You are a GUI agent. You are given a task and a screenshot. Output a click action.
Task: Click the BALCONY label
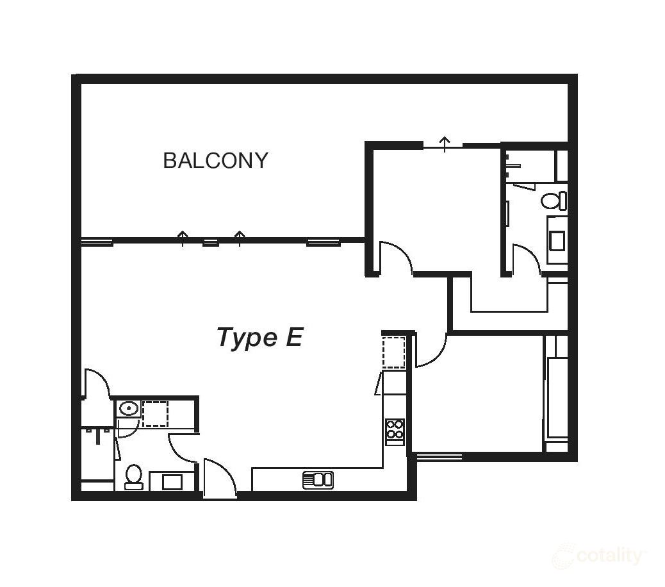tap(215, 160)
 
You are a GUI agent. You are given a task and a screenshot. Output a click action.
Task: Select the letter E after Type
tap(293, 337)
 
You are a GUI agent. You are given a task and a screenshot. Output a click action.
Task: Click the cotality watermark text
tap(609, 556)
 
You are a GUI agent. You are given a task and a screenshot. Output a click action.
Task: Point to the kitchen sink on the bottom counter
tap(318, 479)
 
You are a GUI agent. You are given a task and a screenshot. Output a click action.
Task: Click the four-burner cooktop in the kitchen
tap(395, 431)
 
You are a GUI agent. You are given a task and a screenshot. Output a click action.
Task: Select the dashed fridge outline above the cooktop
tap(394, 352)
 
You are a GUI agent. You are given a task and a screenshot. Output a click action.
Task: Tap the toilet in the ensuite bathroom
tap(554, 201)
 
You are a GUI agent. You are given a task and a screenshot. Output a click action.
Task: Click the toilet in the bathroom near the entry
tap(133, 476)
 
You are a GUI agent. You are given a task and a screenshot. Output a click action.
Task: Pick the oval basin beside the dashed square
tap(129, 408)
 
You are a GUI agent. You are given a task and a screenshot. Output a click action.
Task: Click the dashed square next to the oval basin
tap(155, 413)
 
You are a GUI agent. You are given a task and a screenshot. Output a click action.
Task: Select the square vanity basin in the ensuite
tap(557, 241)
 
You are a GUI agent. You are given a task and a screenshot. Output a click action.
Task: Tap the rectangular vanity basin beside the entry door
tap(172, 481)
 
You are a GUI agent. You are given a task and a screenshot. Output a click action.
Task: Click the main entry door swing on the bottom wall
tap(220, 479)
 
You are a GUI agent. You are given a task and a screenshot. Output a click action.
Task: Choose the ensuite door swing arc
tap(527, 260)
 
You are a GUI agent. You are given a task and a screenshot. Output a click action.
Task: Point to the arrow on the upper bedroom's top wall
tap(444, 142)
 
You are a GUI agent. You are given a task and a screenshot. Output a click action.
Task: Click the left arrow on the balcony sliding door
tap(183, 238)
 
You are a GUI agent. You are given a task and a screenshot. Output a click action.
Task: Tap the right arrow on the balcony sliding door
tap(240, 238)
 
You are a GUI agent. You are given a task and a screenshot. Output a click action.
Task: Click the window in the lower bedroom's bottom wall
tap(439, 457)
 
